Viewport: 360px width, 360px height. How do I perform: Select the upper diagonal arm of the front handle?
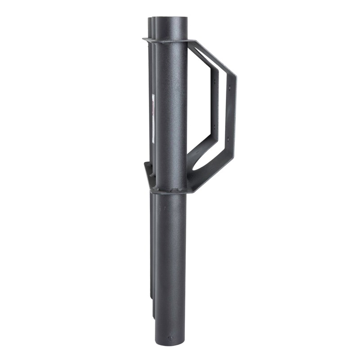211,56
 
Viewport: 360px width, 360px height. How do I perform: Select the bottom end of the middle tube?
153,315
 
